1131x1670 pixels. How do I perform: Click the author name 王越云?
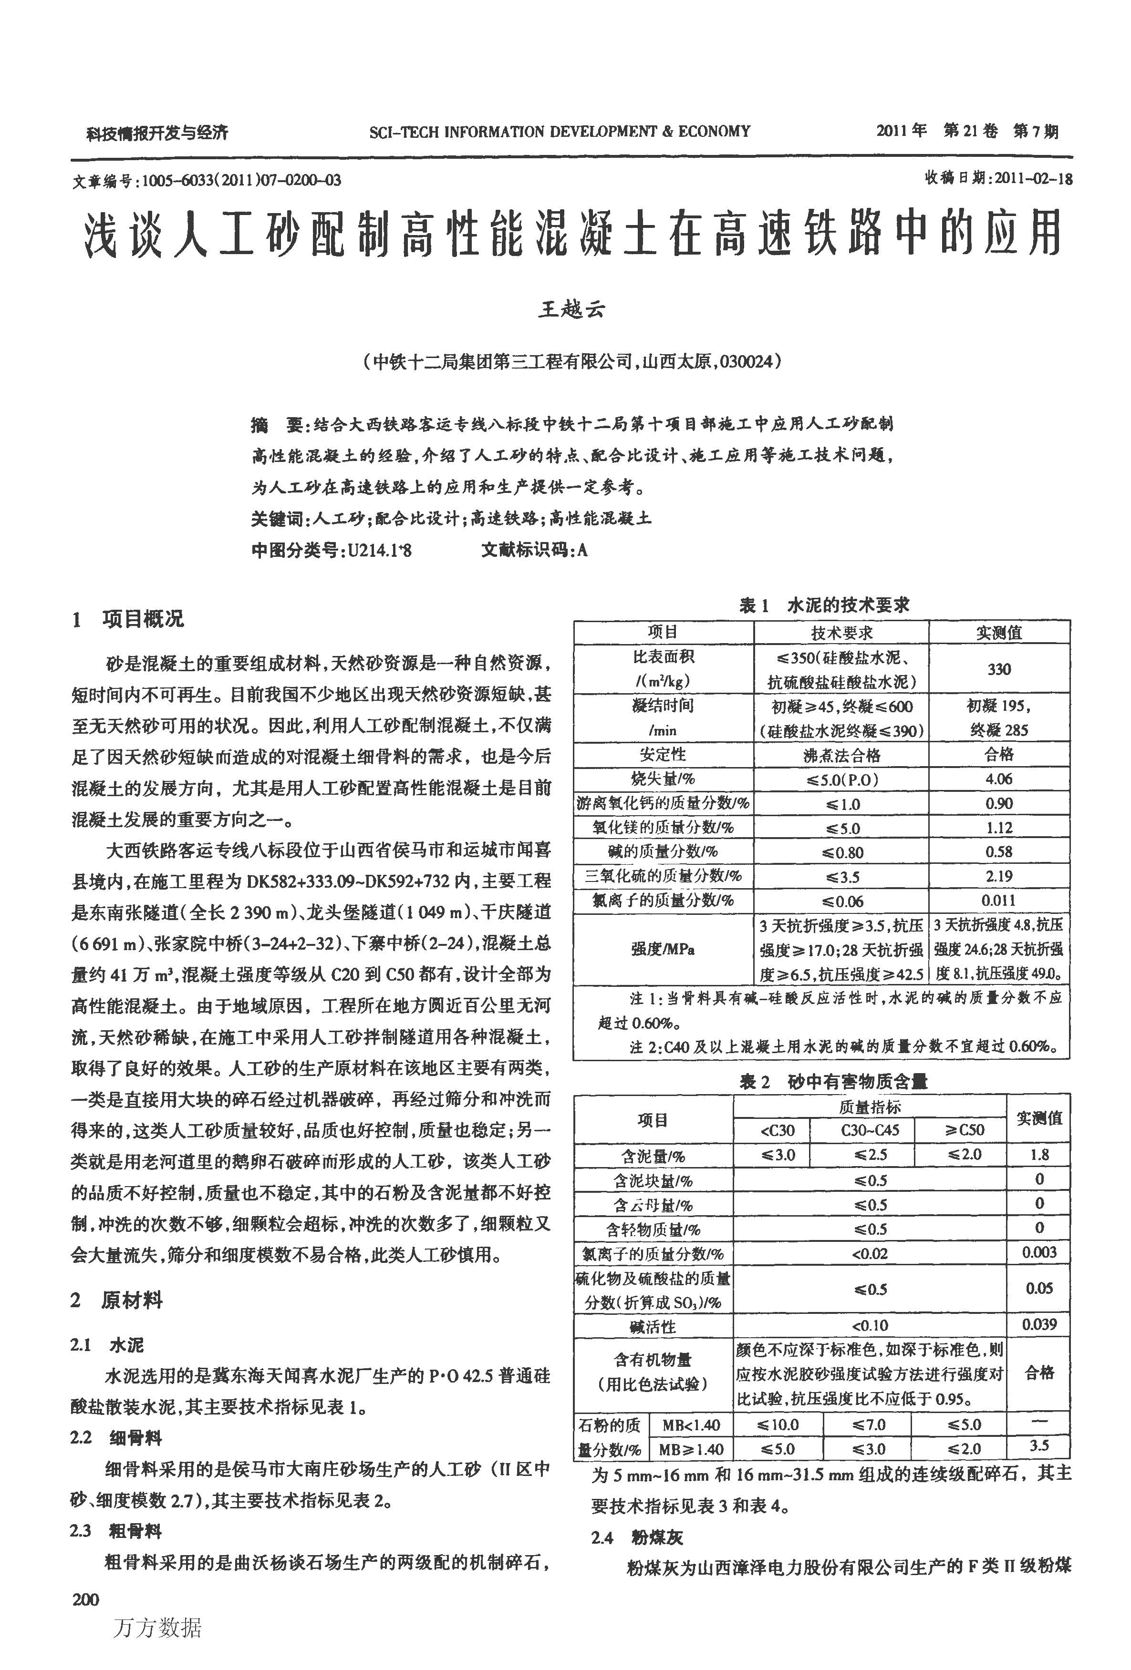click(571, 309)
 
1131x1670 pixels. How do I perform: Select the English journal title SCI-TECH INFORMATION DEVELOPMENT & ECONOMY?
click(560, 132)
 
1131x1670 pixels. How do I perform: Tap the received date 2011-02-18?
click(1032, 179)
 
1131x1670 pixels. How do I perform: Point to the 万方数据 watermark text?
click(157, 1628)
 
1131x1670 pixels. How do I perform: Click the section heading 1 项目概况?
click(128, 619)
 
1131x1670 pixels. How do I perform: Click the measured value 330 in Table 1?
click(999, 669)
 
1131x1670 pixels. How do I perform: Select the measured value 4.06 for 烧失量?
click(999, 779)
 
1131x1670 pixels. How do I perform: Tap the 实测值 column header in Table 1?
click(999, 632)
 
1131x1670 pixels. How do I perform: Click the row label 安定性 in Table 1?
click(663, 755)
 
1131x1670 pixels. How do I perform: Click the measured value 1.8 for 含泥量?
click(1039, 1155)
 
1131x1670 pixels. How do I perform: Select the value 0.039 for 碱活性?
click(1039, 1324)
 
